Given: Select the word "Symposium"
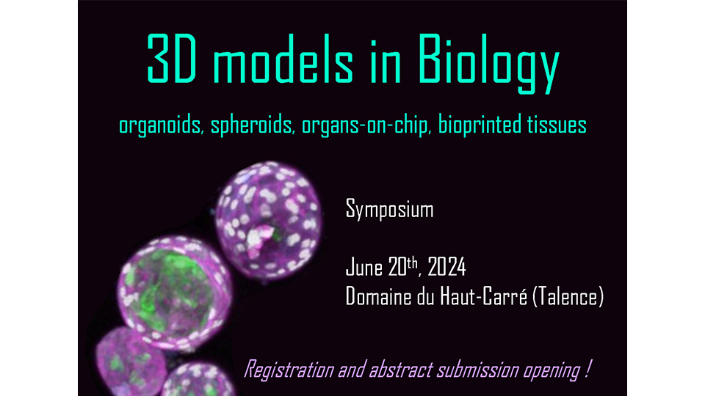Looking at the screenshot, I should coord(389,211).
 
